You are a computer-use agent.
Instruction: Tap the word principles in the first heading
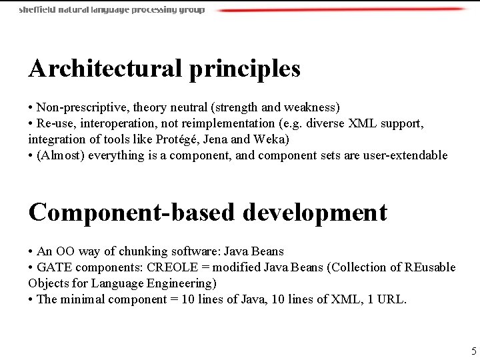coord(245,69)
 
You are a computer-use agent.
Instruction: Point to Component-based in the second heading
coord(131,213)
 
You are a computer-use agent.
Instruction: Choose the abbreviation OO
coord(65,252)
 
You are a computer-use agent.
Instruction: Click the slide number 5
coord(473,351)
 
